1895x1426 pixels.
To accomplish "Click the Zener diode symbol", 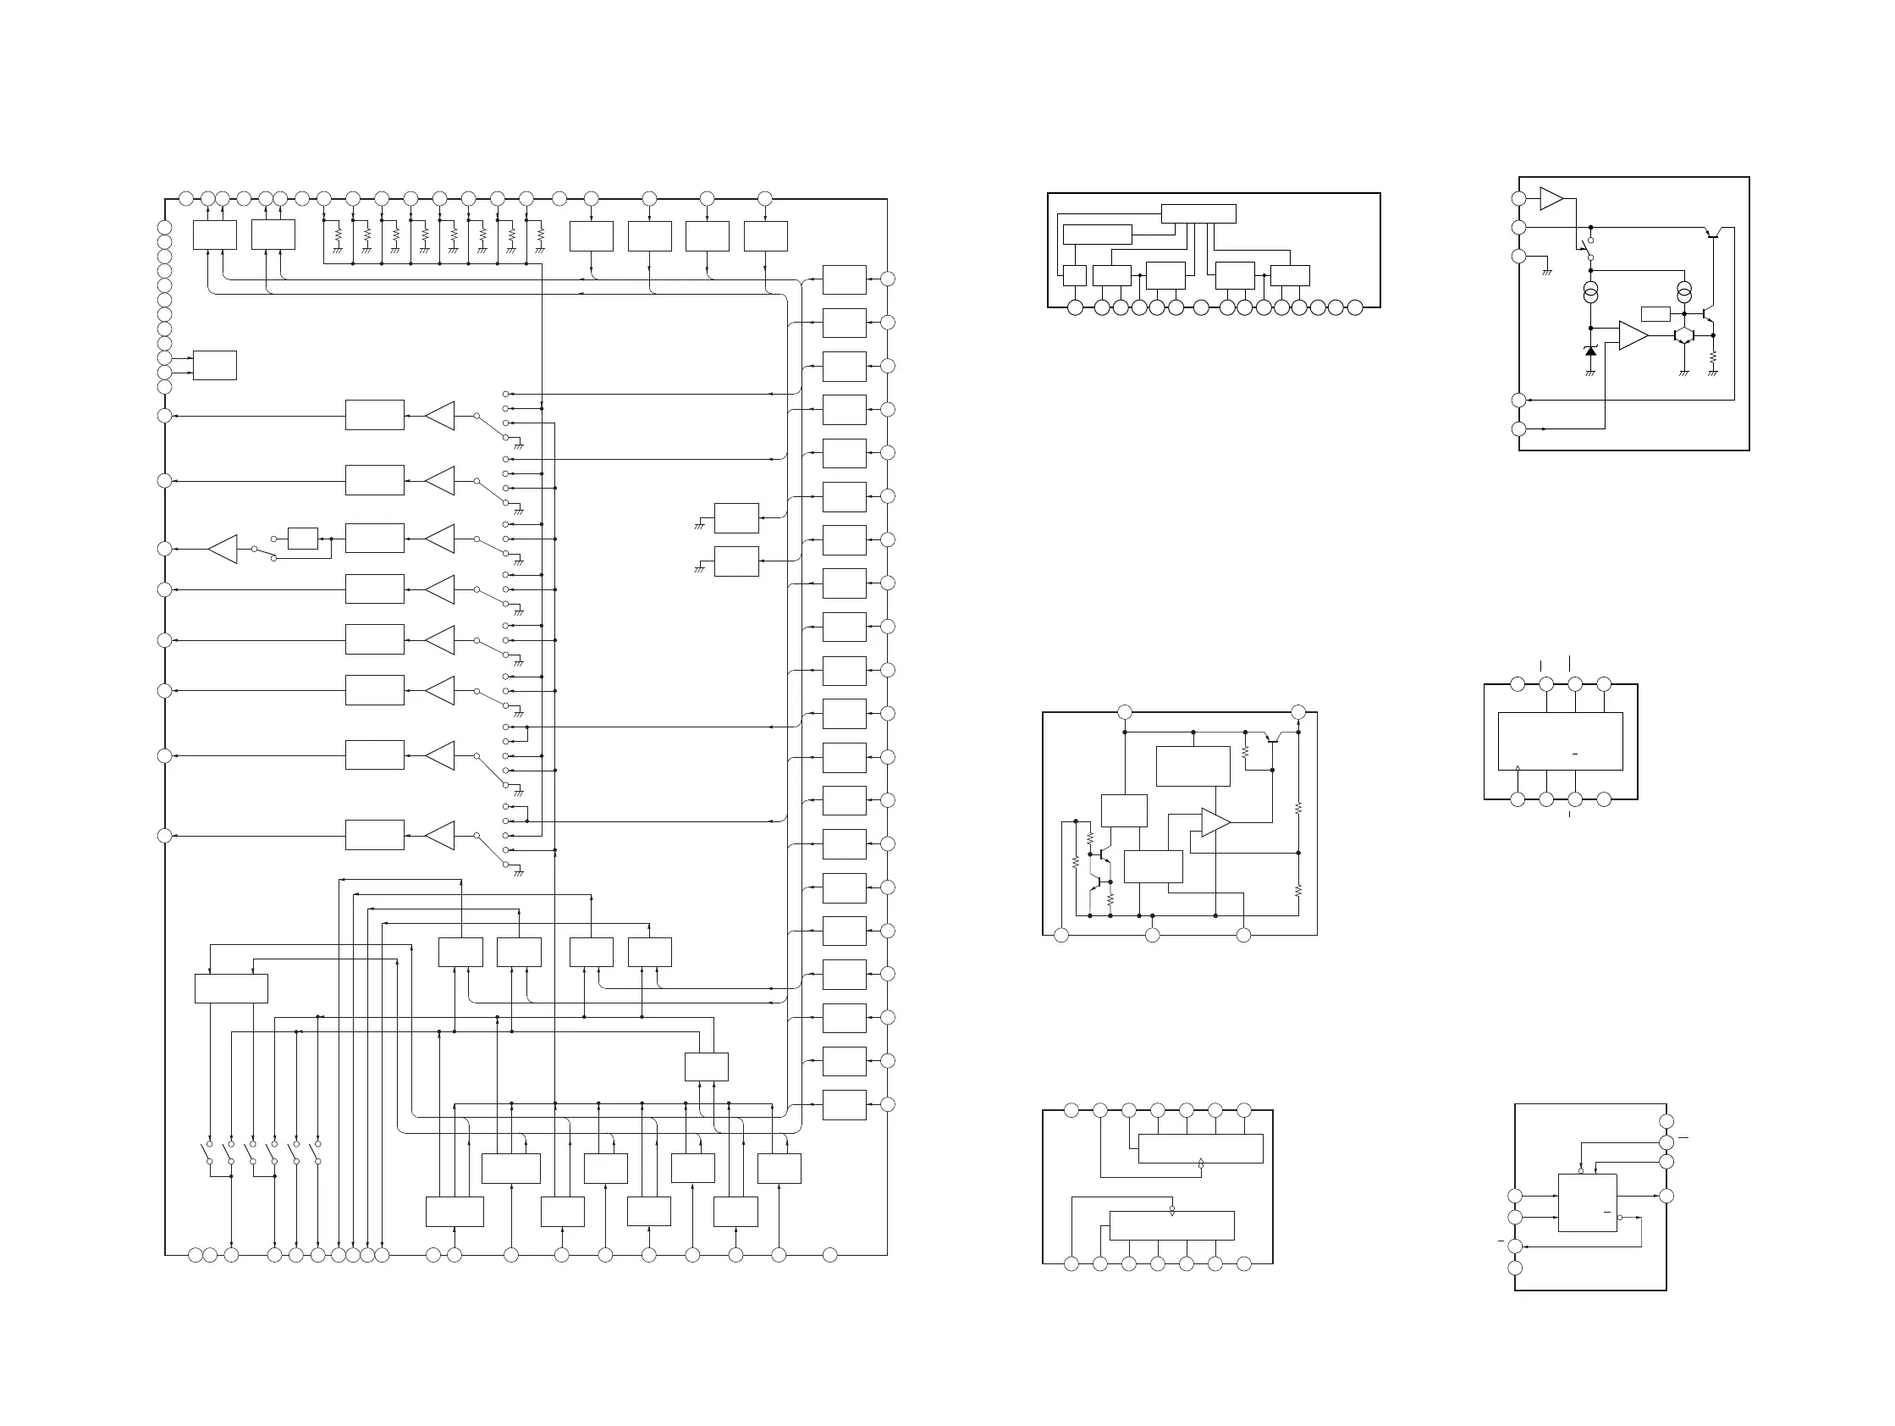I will pos(1590,351).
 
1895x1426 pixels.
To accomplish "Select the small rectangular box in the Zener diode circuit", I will pos(1655,313).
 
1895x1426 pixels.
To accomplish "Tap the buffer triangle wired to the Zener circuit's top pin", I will pos(1551,199).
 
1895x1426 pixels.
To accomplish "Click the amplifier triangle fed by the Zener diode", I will pos(1633,336).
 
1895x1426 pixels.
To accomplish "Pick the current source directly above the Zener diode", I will pos(1590,294).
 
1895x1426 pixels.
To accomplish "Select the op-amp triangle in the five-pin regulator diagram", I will pos(1215,822).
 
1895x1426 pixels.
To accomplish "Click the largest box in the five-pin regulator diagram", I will pos(1193,766).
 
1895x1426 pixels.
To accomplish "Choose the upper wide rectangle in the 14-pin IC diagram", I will pos(1200,1148).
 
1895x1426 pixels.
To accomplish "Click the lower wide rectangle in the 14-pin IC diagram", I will pos(1171,1224).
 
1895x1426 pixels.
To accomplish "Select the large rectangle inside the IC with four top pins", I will pos(1560,741).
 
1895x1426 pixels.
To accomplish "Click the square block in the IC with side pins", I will pos(1587,1202).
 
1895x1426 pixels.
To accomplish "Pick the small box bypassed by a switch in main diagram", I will pos(302,539).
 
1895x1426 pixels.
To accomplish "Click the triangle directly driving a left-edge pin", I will pos(223,550).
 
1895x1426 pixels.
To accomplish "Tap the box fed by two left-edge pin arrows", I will pos(214,365).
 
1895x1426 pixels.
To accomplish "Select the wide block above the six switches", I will pos(230,988).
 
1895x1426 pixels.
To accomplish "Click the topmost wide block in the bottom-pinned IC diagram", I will pos(1198,213).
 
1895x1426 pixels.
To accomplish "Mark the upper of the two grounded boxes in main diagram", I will pos(735,517).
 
